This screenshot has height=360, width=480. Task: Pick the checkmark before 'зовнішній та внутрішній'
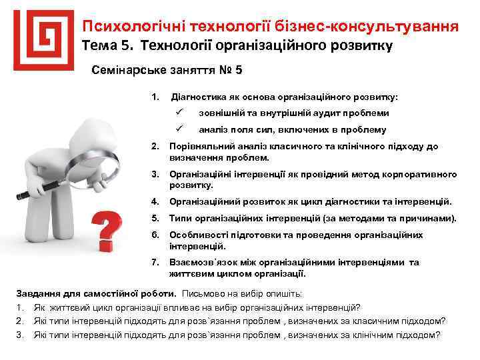pos(178,113)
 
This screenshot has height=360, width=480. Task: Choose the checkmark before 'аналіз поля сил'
pos(178,129)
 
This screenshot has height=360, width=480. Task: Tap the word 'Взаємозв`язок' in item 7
pos(201,262)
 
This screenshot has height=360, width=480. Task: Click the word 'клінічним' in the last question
pos(380,335)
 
